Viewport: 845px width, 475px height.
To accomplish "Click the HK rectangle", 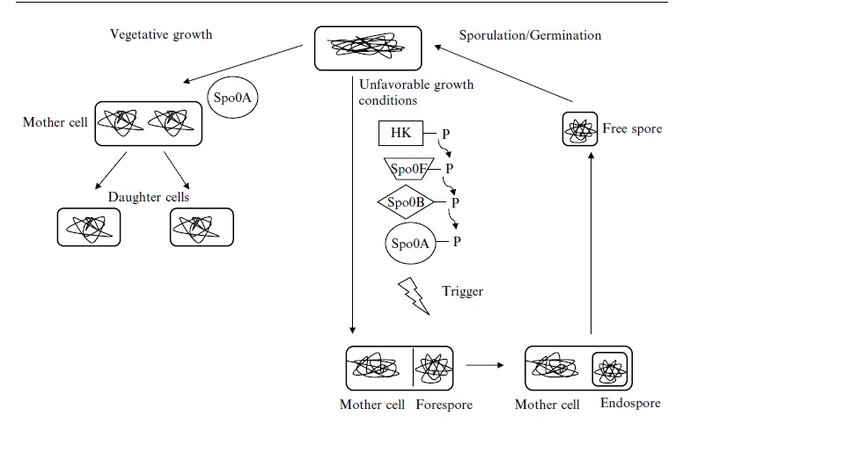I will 401,134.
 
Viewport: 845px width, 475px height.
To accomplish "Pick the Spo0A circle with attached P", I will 410,243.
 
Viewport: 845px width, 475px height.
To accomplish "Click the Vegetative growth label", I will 161,35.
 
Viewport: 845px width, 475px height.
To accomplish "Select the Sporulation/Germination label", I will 530,35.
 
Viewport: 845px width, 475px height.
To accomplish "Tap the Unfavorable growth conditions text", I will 415,92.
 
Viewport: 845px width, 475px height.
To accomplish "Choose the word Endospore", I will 630,404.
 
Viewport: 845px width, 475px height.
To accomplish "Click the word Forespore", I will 444,406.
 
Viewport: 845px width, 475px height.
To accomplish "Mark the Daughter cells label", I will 149,197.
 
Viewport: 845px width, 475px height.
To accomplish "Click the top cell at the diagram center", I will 368,48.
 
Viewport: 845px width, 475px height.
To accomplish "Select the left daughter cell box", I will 88,227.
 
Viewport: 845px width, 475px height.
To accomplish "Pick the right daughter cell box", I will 201,227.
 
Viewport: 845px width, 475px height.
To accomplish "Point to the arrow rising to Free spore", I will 591,246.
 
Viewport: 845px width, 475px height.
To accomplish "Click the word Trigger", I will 462,291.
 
